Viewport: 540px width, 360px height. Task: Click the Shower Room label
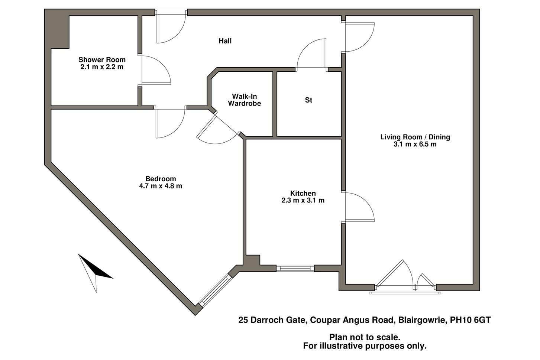102,60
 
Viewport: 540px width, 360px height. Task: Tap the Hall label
225,41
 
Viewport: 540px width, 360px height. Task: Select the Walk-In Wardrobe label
244,100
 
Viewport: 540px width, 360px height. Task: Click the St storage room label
308,100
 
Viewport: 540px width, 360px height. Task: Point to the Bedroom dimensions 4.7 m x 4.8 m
161,186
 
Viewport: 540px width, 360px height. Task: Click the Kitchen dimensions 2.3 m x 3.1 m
303,201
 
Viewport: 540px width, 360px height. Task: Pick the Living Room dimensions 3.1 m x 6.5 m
415,144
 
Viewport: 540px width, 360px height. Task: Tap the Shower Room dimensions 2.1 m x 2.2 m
102,67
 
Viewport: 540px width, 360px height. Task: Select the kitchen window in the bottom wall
295,268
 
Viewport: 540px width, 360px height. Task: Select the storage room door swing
311,54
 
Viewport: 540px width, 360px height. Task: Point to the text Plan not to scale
365,337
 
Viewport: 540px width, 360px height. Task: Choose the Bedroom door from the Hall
170,123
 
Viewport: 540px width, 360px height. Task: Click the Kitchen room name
303,194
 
